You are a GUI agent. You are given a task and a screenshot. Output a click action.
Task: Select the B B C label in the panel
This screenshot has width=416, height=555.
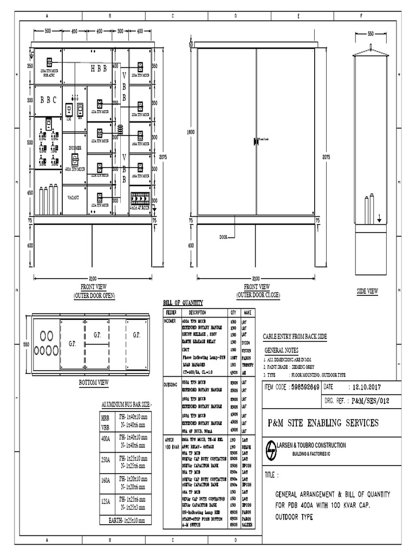(48, 100)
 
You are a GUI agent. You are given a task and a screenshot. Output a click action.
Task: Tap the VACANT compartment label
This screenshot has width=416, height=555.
(73, 198)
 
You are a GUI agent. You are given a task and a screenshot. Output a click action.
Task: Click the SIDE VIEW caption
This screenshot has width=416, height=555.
(367, 291)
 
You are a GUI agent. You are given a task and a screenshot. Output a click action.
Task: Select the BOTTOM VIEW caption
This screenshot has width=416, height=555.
(94, 382)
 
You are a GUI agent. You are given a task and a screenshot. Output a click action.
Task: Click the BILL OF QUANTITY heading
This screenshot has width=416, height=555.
(183, 302)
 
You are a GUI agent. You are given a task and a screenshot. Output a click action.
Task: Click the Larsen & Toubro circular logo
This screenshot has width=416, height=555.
(271, 450)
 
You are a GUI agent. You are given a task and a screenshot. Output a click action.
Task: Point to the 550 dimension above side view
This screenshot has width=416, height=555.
(370, 34)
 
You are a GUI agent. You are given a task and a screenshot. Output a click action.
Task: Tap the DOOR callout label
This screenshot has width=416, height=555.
(224, 237)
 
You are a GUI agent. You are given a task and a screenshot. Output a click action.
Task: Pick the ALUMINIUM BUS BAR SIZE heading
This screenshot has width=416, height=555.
(127, 405)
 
